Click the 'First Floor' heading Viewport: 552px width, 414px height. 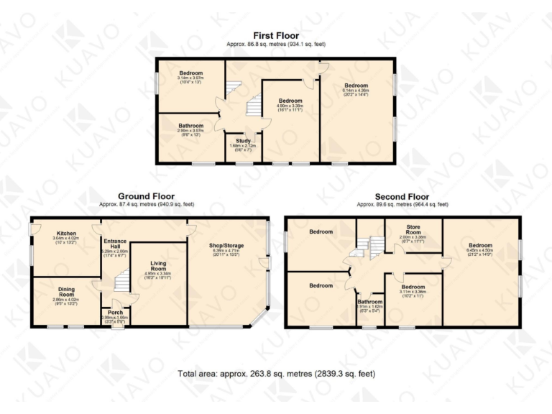pos(275,35)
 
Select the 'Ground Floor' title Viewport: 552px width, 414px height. pos(147,195)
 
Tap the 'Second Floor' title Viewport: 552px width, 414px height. pos(402,196)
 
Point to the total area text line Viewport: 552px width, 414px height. pos(276,374)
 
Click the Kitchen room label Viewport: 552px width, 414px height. pos(66,234)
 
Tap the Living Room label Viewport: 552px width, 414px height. pos(157,267)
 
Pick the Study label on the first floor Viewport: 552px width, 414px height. pos(238,141)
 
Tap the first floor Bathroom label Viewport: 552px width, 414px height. pos(191,126)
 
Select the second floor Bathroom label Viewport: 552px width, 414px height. pos(370,302)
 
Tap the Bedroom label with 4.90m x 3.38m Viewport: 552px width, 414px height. pos(290,101)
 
